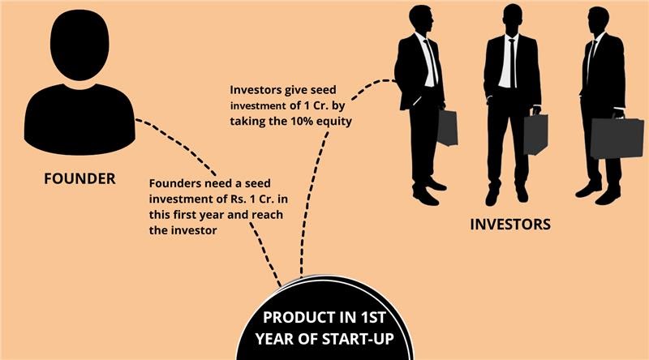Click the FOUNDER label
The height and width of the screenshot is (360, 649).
pos(80,178)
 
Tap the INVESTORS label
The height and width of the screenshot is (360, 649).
pos(510,225)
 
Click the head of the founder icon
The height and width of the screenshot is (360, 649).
pos(80,44)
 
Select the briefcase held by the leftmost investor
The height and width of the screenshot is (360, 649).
pos(448,127)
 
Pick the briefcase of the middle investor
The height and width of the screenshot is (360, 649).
pos(535,135)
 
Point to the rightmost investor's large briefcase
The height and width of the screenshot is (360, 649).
pos(617,138)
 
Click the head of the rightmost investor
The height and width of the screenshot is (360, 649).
pos(598,21)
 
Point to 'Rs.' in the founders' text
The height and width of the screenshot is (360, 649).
pos(237,199)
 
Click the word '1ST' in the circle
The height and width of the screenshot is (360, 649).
pos(373,318)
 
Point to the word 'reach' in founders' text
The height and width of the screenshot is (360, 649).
pos(268,215)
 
